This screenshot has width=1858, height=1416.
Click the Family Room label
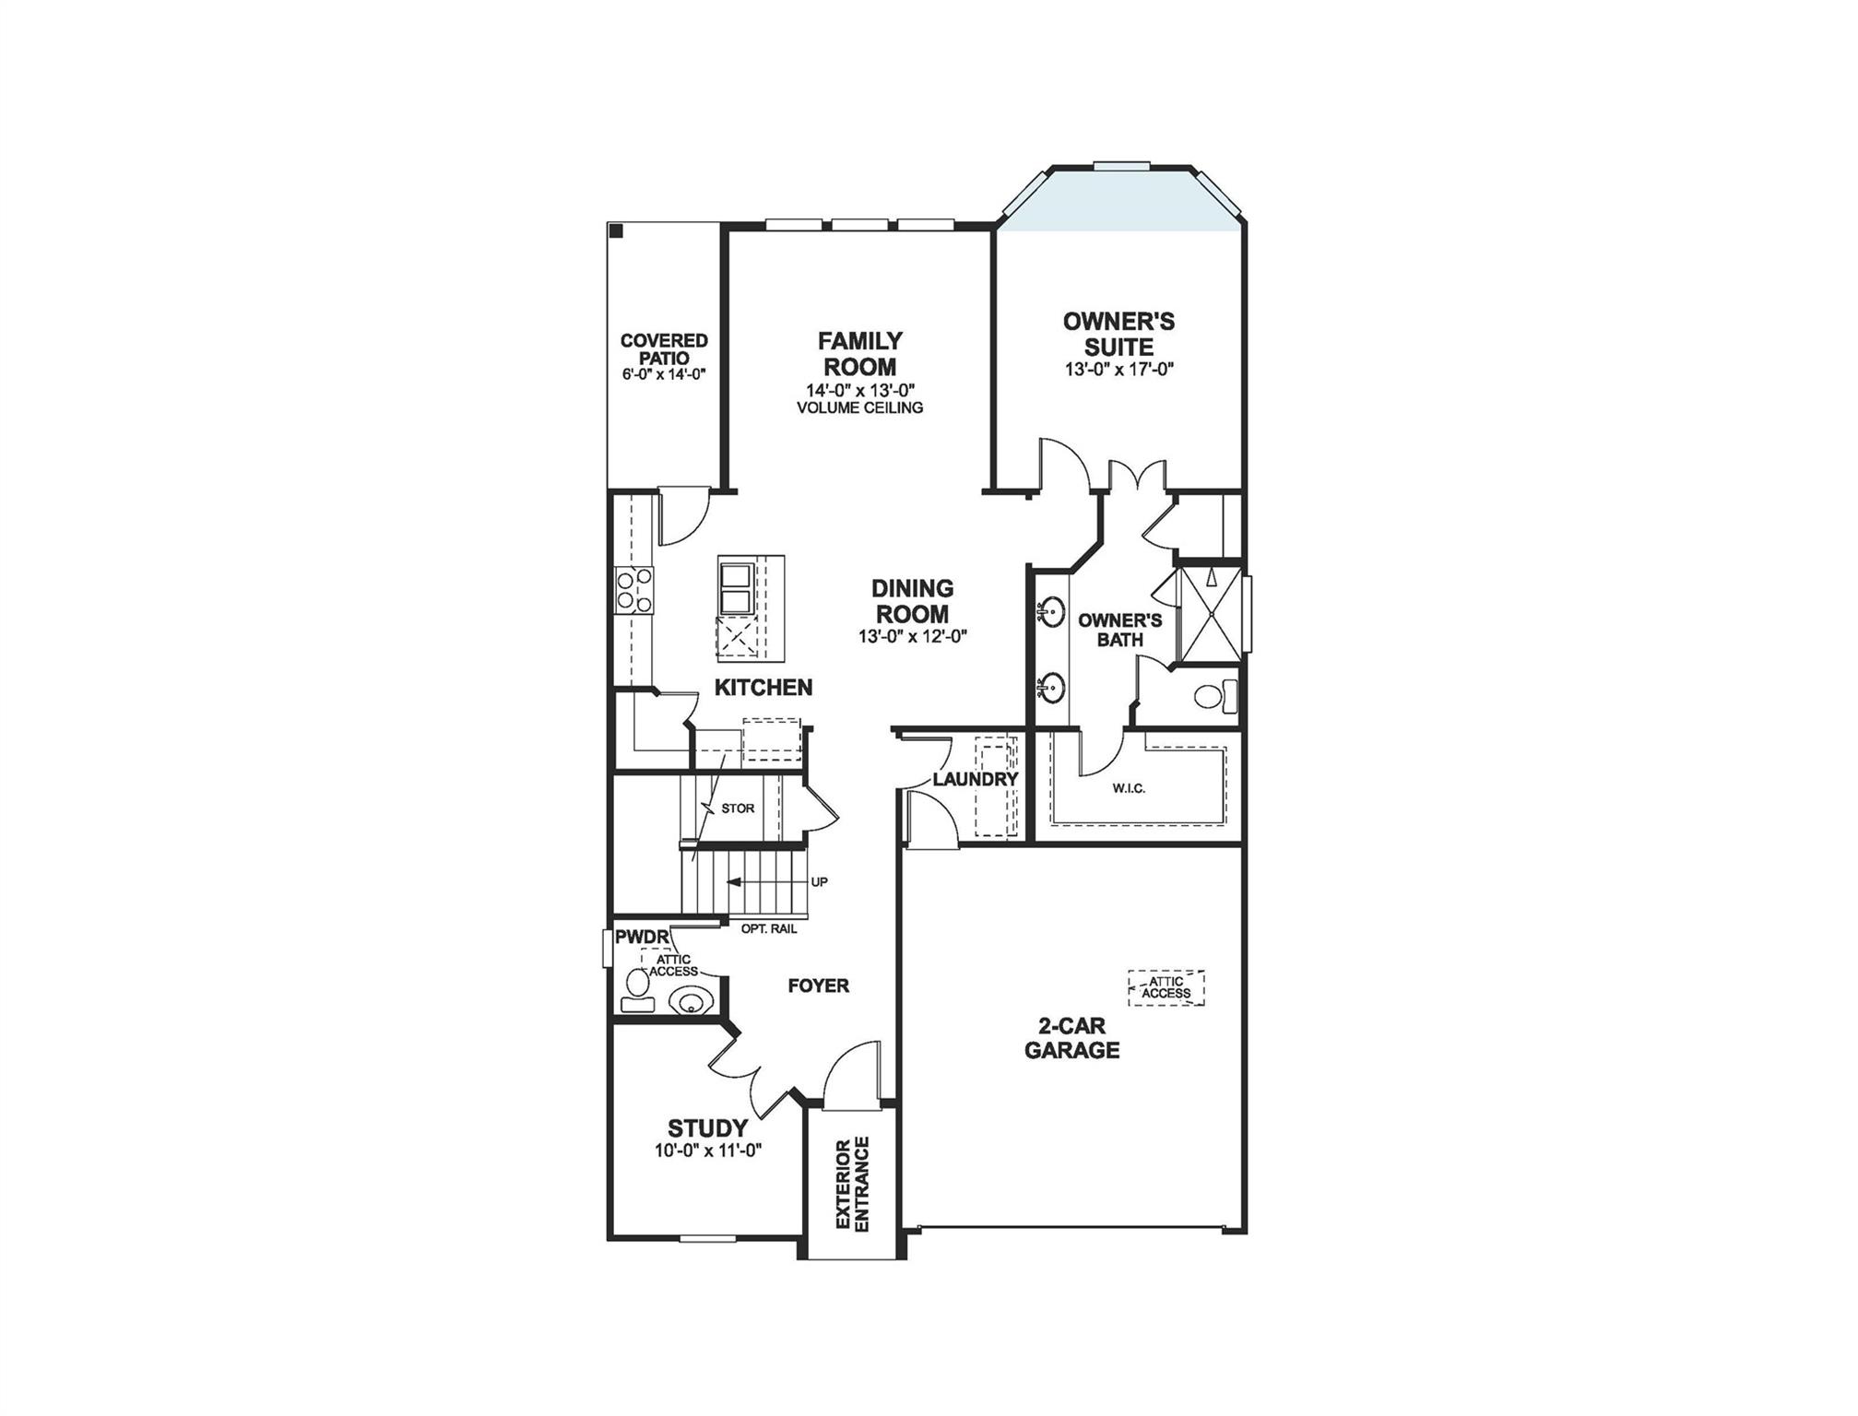point(860,353)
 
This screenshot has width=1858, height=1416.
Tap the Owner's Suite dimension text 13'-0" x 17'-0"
point(1118,370)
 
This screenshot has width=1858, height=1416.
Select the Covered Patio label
point(664,349)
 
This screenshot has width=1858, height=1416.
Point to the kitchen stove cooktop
point(634,591)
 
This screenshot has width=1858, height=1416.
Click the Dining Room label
point(912,601)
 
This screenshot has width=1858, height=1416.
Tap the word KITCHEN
point(763,687)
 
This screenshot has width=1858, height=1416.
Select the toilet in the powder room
point(634,990)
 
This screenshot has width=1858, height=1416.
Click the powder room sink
point(690,999)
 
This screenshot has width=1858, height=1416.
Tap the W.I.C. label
point(1129,788)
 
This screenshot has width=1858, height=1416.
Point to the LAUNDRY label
point(975,780)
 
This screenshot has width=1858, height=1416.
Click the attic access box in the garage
point(1166,987)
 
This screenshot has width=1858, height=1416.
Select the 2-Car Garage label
point(1071,1038)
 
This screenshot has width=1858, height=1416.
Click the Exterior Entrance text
point(853,1184)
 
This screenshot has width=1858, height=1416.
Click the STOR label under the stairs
point(738,808)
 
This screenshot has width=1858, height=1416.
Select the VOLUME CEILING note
point(860,407)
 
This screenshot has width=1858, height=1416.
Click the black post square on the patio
point(616,230)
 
